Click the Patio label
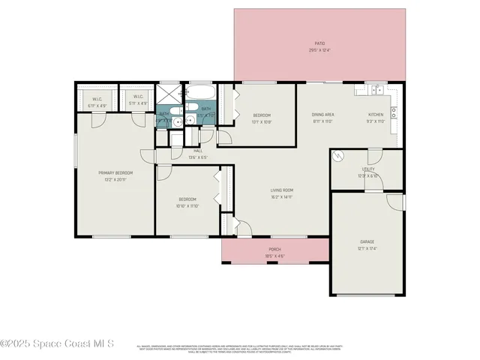tap(319, 44)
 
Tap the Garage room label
tap(367, 241)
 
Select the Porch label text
tap(274, 250)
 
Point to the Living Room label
tap(282, 190)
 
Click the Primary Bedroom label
tap(115, 172)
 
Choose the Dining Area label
tap(322, 115)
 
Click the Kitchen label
tap(375, 115)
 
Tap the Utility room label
tap(367, 169)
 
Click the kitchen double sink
tap(372, 91)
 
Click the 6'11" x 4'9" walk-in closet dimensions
tap(97, 106)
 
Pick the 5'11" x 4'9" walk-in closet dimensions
tap(138, 106)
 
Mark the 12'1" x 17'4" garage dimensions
tap(367, 247)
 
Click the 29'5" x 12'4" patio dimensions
tap(319, 50)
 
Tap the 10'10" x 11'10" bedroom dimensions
tap(187, 205)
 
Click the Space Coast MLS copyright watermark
tap(58, 343)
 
